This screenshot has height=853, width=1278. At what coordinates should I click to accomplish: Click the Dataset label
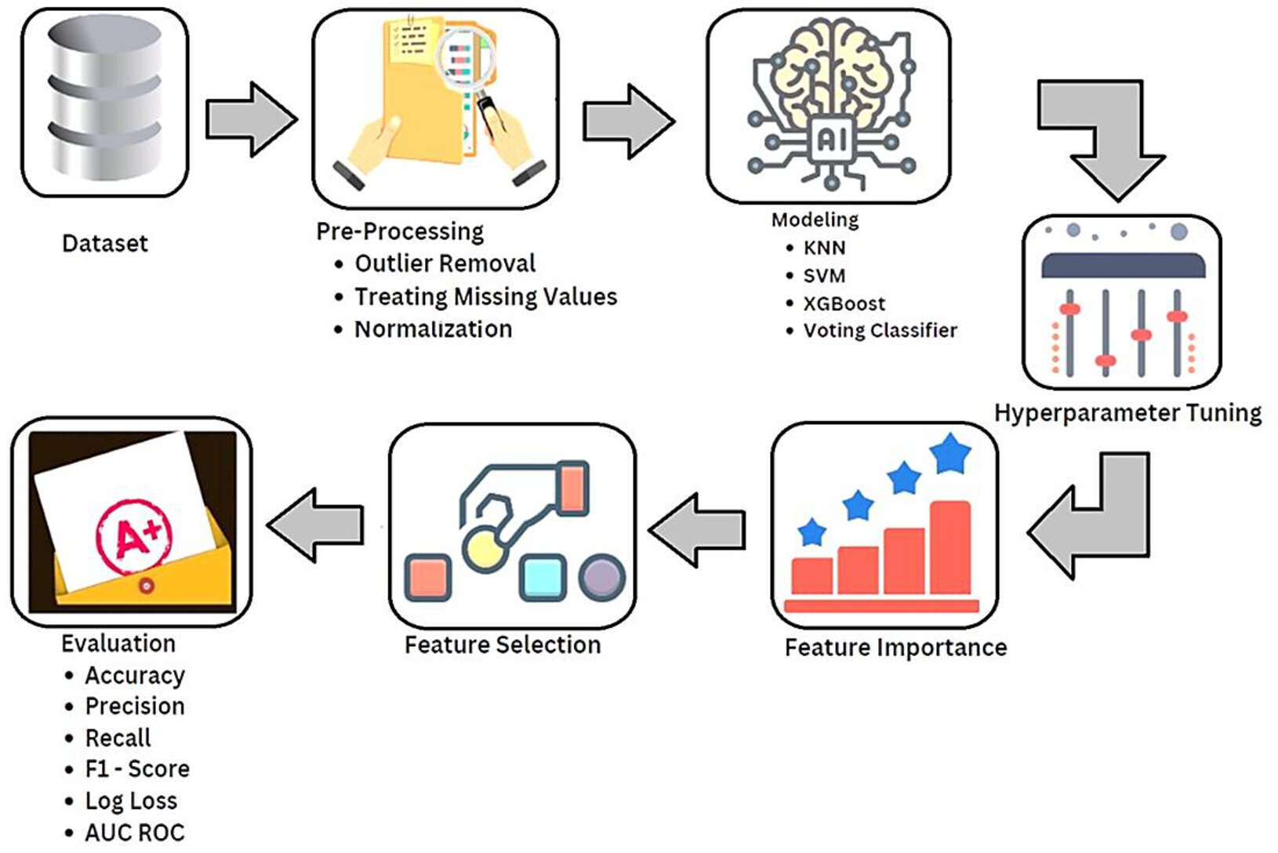pyautogui.click(x=105, y=244)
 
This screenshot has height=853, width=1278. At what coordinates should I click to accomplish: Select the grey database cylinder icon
pyautogui.click(x=104, y=98)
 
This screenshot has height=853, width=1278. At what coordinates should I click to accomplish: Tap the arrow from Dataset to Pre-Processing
pyautogui.click(x=252, y=119)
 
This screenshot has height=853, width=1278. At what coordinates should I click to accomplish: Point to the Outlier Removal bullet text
pyautogui.click(x=445, y=263)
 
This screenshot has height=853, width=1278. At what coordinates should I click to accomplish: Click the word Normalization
pyautogui.click(x=434, y=329)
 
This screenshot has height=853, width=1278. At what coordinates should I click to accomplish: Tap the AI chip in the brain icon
pyautogui.click(x=833, y=139)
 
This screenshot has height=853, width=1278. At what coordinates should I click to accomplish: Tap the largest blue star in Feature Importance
pyautogui.click(x=950, y=455)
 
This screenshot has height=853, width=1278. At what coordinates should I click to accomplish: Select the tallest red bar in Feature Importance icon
pyautogui.click(x=950, y=548)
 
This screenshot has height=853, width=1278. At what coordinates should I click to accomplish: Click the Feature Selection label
pyautogui.click(x=503, y=645)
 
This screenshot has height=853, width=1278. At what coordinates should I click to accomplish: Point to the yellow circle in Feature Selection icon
pyautogui.click(x=484, y=549)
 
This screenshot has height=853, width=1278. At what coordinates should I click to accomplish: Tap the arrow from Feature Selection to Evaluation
pyautogui.click(x=315, y=525)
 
